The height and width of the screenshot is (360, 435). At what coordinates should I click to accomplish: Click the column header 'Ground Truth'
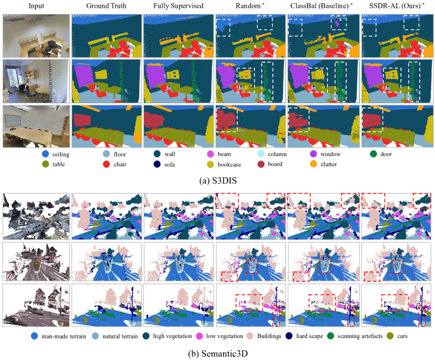pyautogui.click(x=106, y=6)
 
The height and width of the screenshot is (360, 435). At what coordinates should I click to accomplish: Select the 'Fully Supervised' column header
pyautogui.click(x=179, y=6)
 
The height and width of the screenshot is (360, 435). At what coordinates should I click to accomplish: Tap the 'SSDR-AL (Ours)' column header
pyautogui.click(x=395, y=6)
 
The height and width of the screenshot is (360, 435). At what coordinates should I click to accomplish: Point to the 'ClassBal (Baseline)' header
pyautogui.click(x=319, y=6)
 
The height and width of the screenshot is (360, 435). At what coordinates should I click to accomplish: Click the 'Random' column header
pyautogui.click(x=248, y=6)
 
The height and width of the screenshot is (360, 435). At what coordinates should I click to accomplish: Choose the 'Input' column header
pyautogui.click(x=36, y=6)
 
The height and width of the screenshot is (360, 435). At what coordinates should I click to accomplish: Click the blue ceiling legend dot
pyautogui.click(x=45, y=154)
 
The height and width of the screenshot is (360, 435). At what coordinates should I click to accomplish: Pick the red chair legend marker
pyautogui.click(x=107, y=164)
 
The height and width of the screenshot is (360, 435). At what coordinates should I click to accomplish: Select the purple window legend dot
pyautogui.click(x=314, y=154)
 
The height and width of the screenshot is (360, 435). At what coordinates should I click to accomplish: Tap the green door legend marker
pyautogui.click(x=373, y=154)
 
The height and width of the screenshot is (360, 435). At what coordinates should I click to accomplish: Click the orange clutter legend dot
pyautogui.click(x=314, y=164)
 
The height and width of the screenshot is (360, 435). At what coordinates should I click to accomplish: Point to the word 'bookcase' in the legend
pyautogui.click(x=229, y=164)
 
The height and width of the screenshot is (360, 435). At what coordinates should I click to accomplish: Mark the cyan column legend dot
pyautogui.click(x=261, y=154)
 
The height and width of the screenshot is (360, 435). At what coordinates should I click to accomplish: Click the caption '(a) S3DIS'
pyautogui.click(x=218, y=181)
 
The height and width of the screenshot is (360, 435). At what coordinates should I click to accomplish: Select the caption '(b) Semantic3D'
pyautogui.click(x=218, y=354)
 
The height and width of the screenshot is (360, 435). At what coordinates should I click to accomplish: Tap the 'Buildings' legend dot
pyautogui.click(x=250, y=336)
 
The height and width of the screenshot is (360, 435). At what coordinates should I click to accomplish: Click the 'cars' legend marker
pyautogui.click(x=391, y=336)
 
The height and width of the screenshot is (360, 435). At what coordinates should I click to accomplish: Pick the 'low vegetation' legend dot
pyautogui.click(x=199, y=336)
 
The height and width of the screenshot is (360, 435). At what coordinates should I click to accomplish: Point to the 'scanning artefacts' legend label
pyautogui.click(x=360, y=336)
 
